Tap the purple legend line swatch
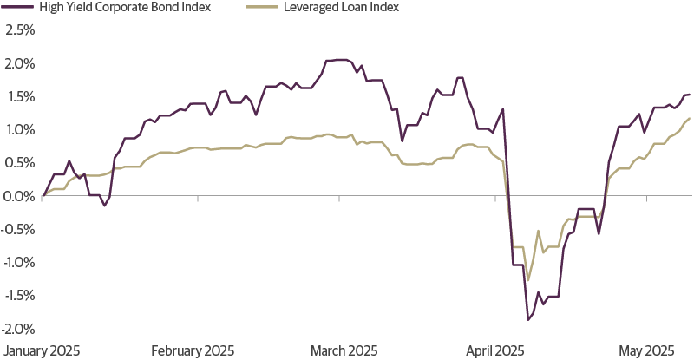tap(17, 8)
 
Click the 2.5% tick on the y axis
tap(19, 30)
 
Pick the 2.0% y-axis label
tap(19, 63)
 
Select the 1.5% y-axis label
tap(19, 96)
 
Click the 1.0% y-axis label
tap(19, 130)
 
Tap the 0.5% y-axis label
tap(19, 163)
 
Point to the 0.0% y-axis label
tap(19, 196)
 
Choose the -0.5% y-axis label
tap(17, 229)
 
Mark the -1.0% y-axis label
tap(17, 263)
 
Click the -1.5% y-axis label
tap(17, 296)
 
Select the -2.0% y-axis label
tap(17, 329)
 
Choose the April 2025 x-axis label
tap(495, 351)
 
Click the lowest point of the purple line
tap(527, 320)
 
